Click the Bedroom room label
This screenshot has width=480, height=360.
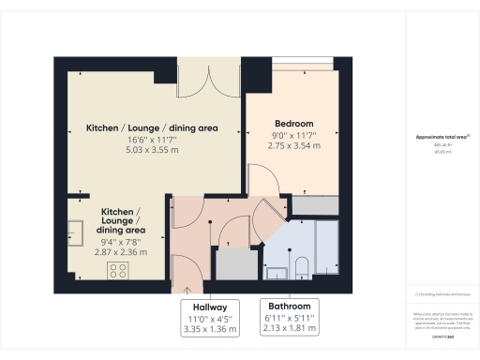[x=293, y=124]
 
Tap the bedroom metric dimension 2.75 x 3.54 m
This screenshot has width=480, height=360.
[x=293, y=147]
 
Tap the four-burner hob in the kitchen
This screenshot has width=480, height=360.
[x=118, y=271]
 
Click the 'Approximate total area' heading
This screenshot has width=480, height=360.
[x=442, y=138]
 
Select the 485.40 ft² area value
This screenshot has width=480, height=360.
[x=442, y=145]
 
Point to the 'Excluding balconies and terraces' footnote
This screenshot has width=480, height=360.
[x=442, y=295]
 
